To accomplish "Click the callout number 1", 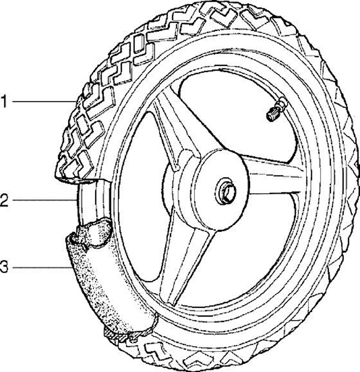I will (x=4, y=102).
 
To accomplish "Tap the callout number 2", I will (x=4, y=201).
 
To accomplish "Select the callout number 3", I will (x=4, y=267).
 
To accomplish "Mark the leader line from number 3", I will (x=40, y=268).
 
